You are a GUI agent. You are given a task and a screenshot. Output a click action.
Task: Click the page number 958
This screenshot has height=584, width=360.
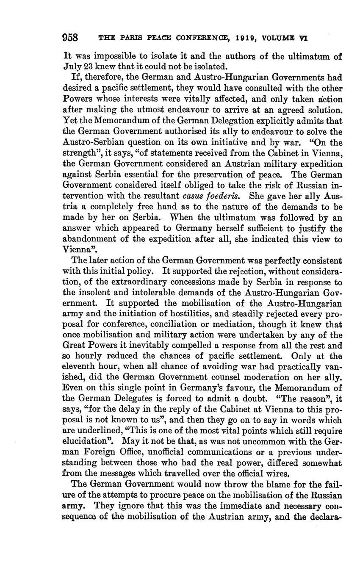[x=70, y=38]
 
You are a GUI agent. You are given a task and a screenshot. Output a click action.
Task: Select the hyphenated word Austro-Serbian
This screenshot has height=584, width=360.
[x=89, y=143]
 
